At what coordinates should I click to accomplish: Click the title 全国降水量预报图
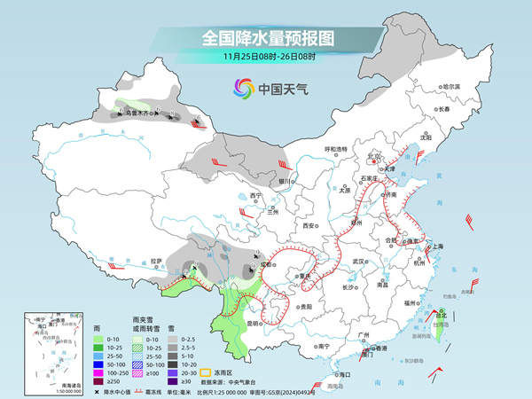point(265,37)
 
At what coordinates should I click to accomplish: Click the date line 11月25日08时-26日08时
point(265,57)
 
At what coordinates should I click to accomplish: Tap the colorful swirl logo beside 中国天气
point(243,88)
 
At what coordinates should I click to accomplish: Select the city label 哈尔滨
point(452,86)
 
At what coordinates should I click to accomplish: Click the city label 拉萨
point(157,261)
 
